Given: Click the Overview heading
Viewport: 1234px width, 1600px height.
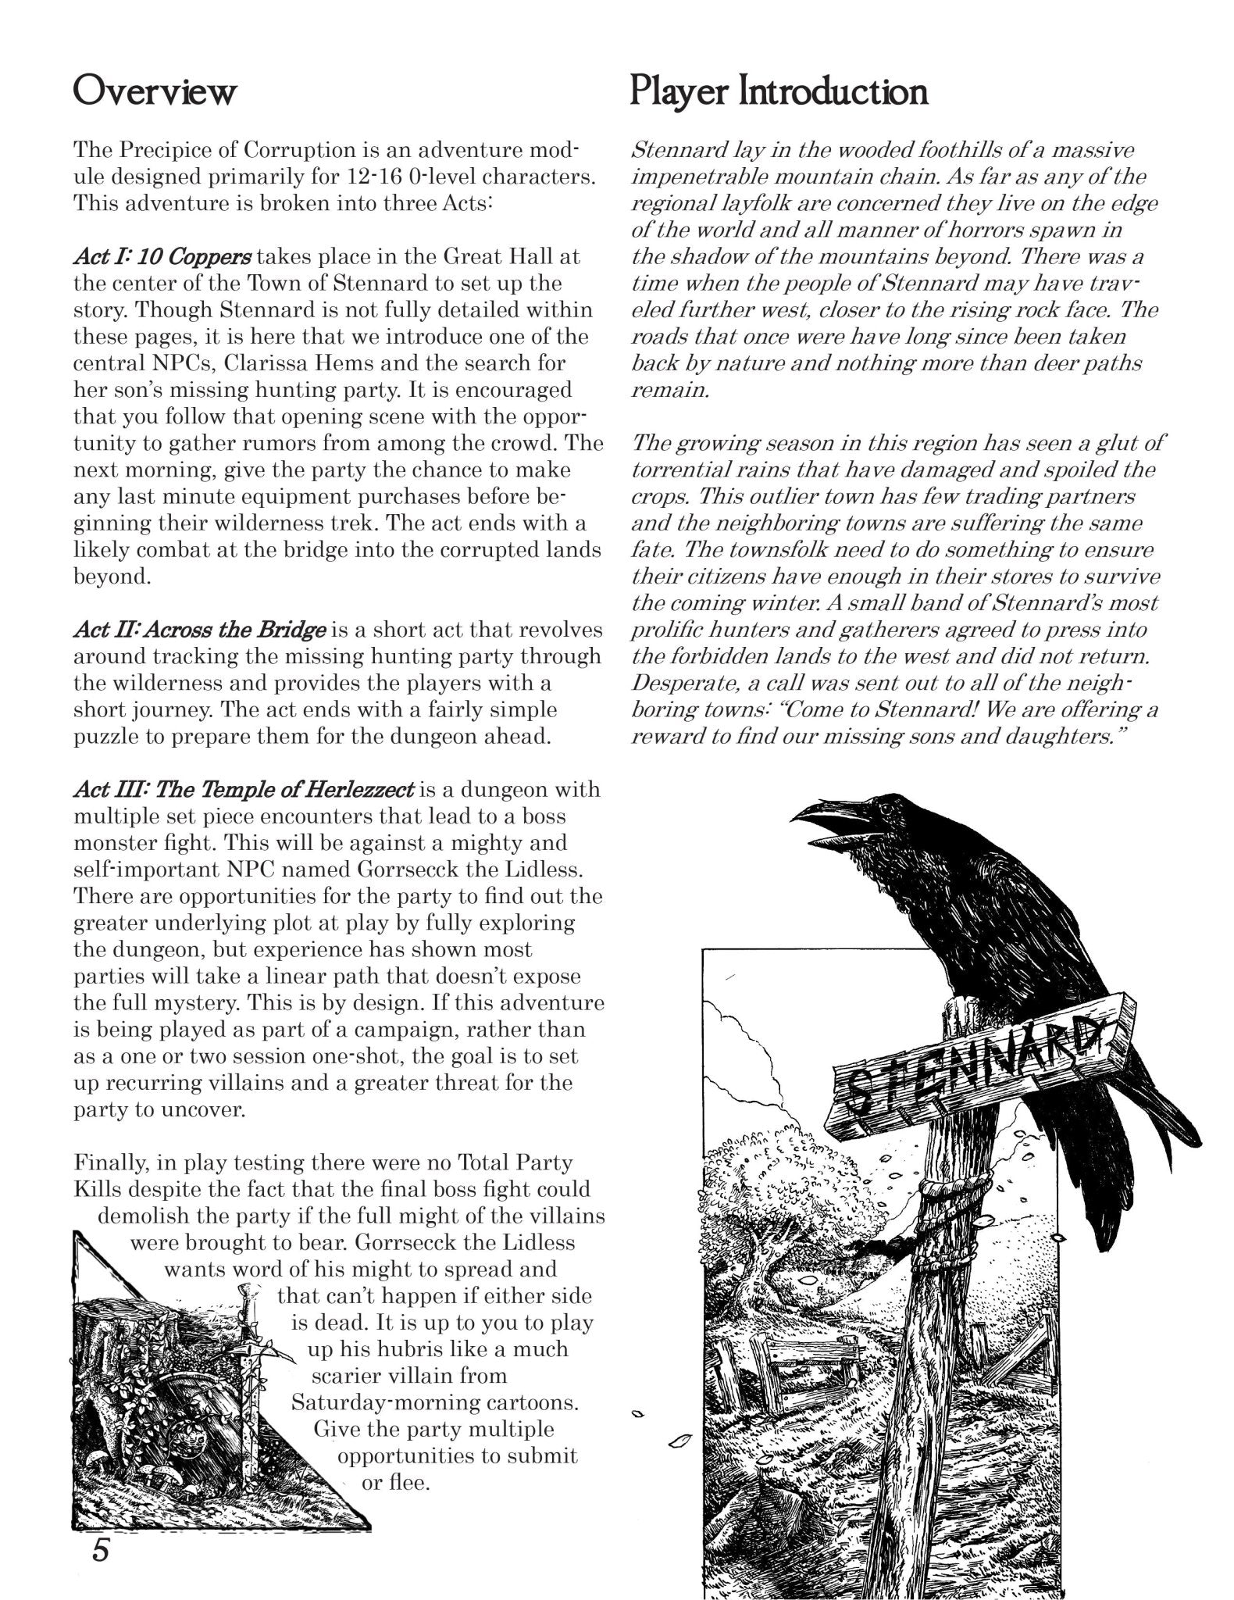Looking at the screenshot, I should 154,92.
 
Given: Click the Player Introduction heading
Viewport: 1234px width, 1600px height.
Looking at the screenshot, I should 779,92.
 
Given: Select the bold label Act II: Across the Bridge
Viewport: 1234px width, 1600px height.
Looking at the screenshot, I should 199,630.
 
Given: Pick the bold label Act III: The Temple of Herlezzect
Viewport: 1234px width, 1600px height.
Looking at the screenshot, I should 243,789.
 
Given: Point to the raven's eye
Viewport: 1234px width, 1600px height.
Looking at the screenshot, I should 867,812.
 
